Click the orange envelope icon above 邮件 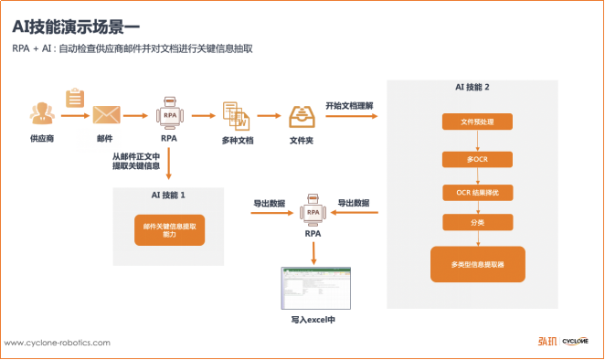tap(105, 115)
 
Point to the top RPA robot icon tap(169, 115)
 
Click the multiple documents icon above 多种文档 tap(236, 116)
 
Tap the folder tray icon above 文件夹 tap(302, 116)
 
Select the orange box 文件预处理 tap(478, 122)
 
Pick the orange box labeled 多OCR tap(478, 159)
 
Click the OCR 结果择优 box tap(478, 192)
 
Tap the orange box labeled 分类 tap(478, 222)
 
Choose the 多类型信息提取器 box tap(478, 264)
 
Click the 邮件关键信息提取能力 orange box tap(169, 230)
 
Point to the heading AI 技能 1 tap(169, 196)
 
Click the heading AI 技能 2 tap(478, 86)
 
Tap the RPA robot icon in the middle tap(313, 212)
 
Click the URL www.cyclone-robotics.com tap(58, 343)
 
